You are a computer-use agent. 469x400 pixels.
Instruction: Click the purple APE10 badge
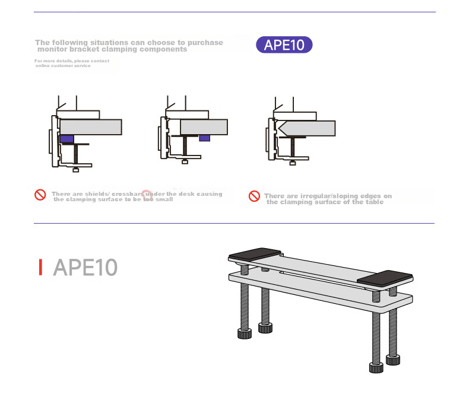pos(284,45)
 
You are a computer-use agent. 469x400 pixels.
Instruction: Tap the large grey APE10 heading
pos(85,267)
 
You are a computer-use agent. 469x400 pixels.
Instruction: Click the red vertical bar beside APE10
pos(40,267)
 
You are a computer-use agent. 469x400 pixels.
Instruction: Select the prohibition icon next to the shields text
pos(40,195)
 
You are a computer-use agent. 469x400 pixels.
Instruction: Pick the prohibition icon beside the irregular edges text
pos(254,196)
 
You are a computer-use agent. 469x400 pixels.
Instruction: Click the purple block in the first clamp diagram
pos(67,139)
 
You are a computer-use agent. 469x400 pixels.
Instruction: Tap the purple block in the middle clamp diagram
pos(205,138)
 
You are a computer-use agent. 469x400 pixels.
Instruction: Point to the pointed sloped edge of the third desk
pos(280,128)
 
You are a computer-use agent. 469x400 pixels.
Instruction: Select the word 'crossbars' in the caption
pos(128,194)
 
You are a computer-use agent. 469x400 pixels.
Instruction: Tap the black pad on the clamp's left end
pos(255,253)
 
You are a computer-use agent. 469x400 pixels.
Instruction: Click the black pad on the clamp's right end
pos(385,278)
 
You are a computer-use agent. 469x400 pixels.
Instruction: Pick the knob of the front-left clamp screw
pos(245,334)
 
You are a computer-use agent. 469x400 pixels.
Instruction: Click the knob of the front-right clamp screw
pos(376,367)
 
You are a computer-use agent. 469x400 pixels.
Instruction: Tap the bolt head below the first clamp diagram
pos(76,170)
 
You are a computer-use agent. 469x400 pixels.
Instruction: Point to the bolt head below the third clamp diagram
pos(293,163)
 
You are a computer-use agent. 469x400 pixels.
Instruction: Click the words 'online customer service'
pos(63,66)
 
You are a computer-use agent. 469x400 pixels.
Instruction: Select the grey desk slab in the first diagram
pos(91,127)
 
